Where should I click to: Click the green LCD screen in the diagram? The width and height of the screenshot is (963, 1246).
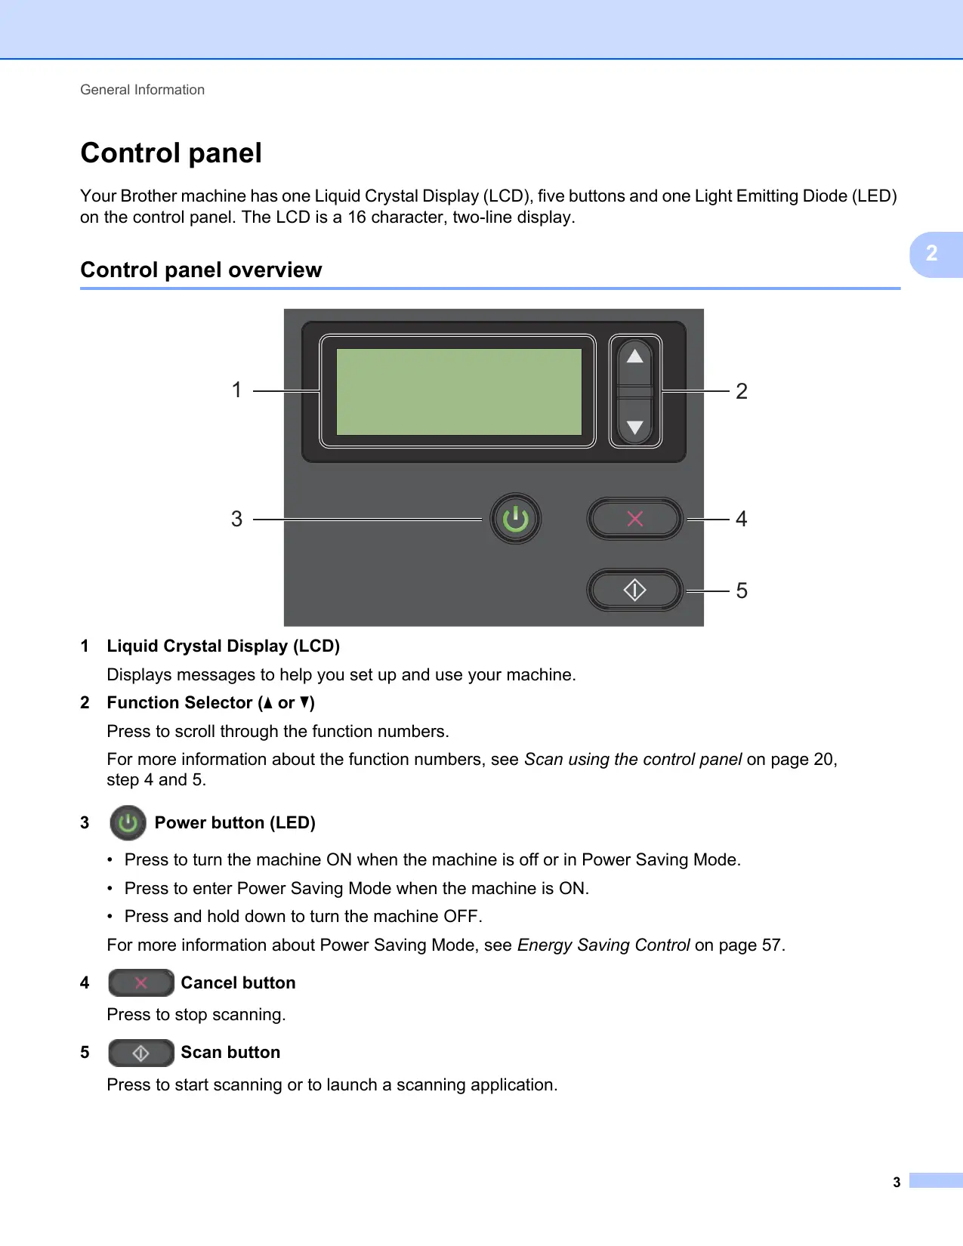[x=458, y=391]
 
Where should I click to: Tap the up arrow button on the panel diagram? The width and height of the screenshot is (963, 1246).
[x=635, y=357]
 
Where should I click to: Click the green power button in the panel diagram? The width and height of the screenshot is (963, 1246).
[x=516, y=519]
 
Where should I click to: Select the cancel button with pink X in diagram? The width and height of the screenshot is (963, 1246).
[x=635, y=519]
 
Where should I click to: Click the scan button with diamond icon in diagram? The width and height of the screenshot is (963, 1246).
[x=635, y=590]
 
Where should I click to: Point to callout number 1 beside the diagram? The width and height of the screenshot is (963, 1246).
[x=236, y=390]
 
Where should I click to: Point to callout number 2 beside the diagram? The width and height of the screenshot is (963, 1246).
[x=742, y=391]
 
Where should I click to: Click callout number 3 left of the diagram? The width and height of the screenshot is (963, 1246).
[x=236, y=519]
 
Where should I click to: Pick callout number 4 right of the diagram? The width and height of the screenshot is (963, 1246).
[x=742, y=519]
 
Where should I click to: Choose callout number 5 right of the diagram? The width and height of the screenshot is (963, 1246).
[x=742, y=591]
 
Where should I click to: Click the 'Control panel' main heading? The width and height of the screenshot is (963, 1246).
[x=171, y=153]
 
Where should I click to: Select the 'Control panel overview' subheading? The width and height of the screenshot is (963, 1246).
[x=201, y=270]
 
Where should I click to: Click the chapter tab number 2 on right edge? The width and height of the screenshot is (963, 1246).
[x=932, y=254]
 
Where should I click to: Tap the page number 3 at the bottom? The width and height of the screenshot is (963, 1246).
[x=897, y=1183]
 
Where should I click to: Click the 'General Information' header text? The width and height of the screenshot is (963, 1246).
[x=142, y=90]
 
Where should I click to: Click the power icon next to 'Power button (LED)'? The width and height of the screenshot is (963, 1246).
[x=128, y=823]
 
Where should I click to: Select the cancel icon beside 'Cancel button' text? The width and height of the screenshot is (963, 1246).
[x=141, y=982]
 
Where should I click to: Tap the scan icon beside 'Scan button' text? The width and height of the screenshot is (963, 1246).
[x=141, y=1053]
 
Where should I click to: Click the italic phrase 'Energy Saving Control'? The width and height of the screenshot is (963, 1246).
[x=603, y=945]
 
